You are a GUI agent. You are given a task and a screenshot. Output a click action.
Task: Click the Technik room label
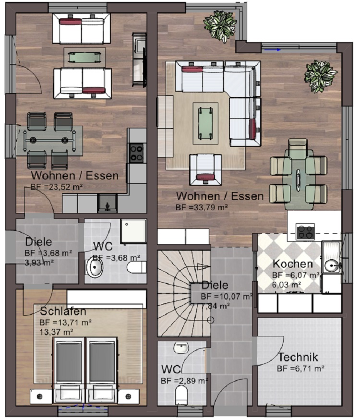[298, 357]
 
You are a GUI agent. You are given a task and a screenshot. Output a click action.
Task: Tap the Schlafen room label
[63, 311]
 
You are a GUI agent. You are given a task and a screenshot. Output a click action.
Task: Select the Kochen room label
[293, 264]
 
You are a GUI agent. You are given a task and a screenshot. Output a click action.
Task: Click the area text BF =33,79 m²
[202, 207]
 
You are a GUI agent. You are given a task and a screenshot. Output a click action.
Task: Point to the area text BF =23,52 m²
[56, 187]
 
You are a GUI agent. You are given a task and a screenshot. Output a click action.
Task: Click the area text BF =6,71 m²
[300, 369]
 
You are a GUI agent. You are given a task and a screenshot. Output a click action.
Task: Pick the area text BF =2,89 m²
[184, 381]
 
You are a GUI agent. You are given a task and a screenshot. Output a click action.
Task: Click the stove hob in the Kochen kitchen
[305, 232]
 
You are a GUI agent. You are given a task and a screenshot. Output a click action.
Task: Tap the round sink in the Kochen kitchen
[332, 265]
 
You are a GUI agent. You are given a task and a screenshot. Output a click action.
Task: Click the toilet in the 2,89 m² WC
[182, 396]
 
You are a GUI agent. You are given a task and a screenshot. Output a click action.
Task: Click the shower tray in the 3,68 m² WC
[133, 231]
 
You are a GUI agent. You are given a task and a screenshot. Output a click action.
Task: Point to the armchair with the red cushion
[205, 170]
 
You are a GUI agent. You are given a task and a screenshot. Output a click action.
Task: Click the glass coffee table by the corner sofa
[205, 123]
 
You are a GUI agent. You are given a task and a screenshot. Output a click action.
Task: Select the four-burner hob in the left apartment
[137, 153]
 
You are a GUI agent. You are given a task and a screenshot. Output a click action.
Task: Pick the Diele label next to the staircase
[215, 285]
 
